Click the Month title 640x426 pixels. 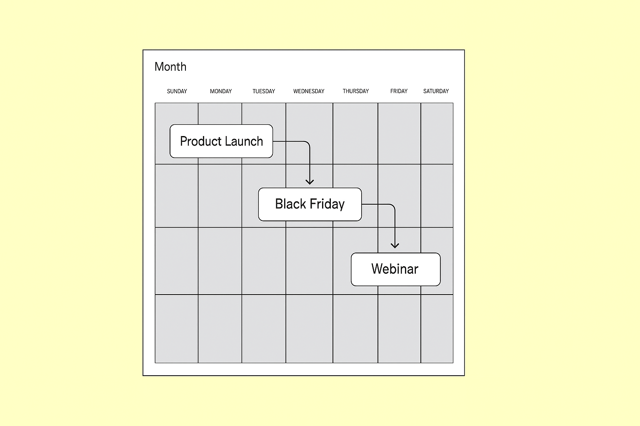click(x=170, y=67)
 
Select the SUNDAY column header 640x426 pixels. click(x=177, y=91)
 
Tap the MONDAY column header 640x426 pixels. click(x=221, y=91)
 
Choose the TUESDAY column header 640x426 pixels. click(x=264, y=91)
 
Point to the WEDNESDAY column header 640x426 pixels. click(x=309, y=91)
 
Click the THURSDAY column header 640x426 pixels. click(x=356, y=91)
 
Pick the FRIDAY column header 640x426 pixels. click(x=399, y=91)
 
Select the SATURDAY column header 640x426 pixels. click(x=436, y=91)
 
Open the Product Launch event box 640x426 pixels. click(x=221, y=141)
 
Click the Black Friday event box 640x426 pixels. click(x=310, y=204)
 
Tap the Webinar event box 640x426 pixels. click(x=395, y=269)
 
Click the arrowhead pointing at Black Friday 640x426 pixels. click(x=310, y=182)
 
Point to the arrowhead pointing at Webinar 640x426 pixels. click(x=395, y=246)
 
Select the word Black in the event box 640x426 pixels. click(x=290, y=204)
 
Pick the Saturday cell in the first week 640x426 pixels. click(x=437, y=134)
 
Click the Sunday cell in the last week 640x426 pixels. click(x=177, y=329)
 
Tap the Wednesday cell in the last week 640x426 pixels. click(x=309, y=329)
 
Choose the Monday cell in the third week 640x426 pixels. click(x=220, y=261)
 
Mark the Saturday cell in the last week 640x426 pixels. click(x=437, y=329)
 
